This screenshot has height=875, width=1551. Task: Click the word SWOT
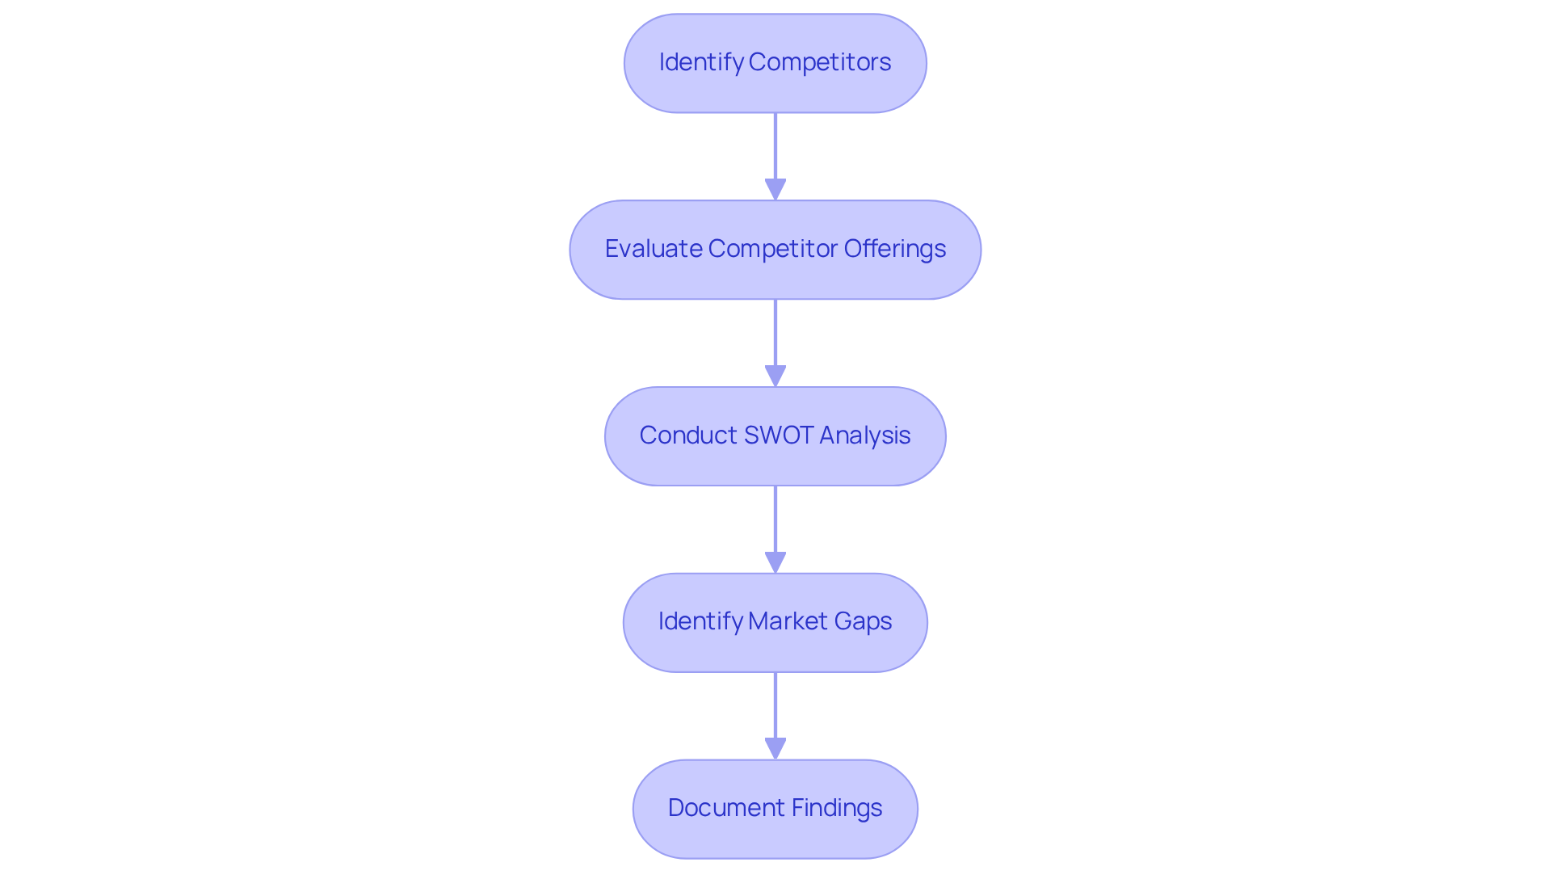coord(778,435)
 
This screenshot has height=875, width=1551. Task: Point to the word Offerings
coord(894,249)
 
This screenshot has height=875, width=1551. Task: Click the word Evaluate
coord(653,249)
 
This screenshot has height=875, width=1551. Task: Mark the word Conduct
coord(687,435)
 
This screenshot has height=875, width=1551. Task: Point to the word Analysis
coord(864,435)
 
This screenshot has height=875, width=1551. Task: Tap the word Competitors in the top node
coord(819,62)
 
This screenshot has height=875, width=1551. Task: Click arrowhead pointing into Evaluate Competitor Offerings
coord(775,190)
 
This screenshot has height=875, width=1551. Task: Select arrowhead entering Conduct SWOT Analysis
coord(775,377)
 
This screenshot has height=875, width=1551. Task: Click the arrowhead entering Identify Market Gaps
coord(775,563)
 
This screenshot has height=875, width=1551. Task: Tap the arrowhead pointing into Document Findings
coord(775,749)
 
